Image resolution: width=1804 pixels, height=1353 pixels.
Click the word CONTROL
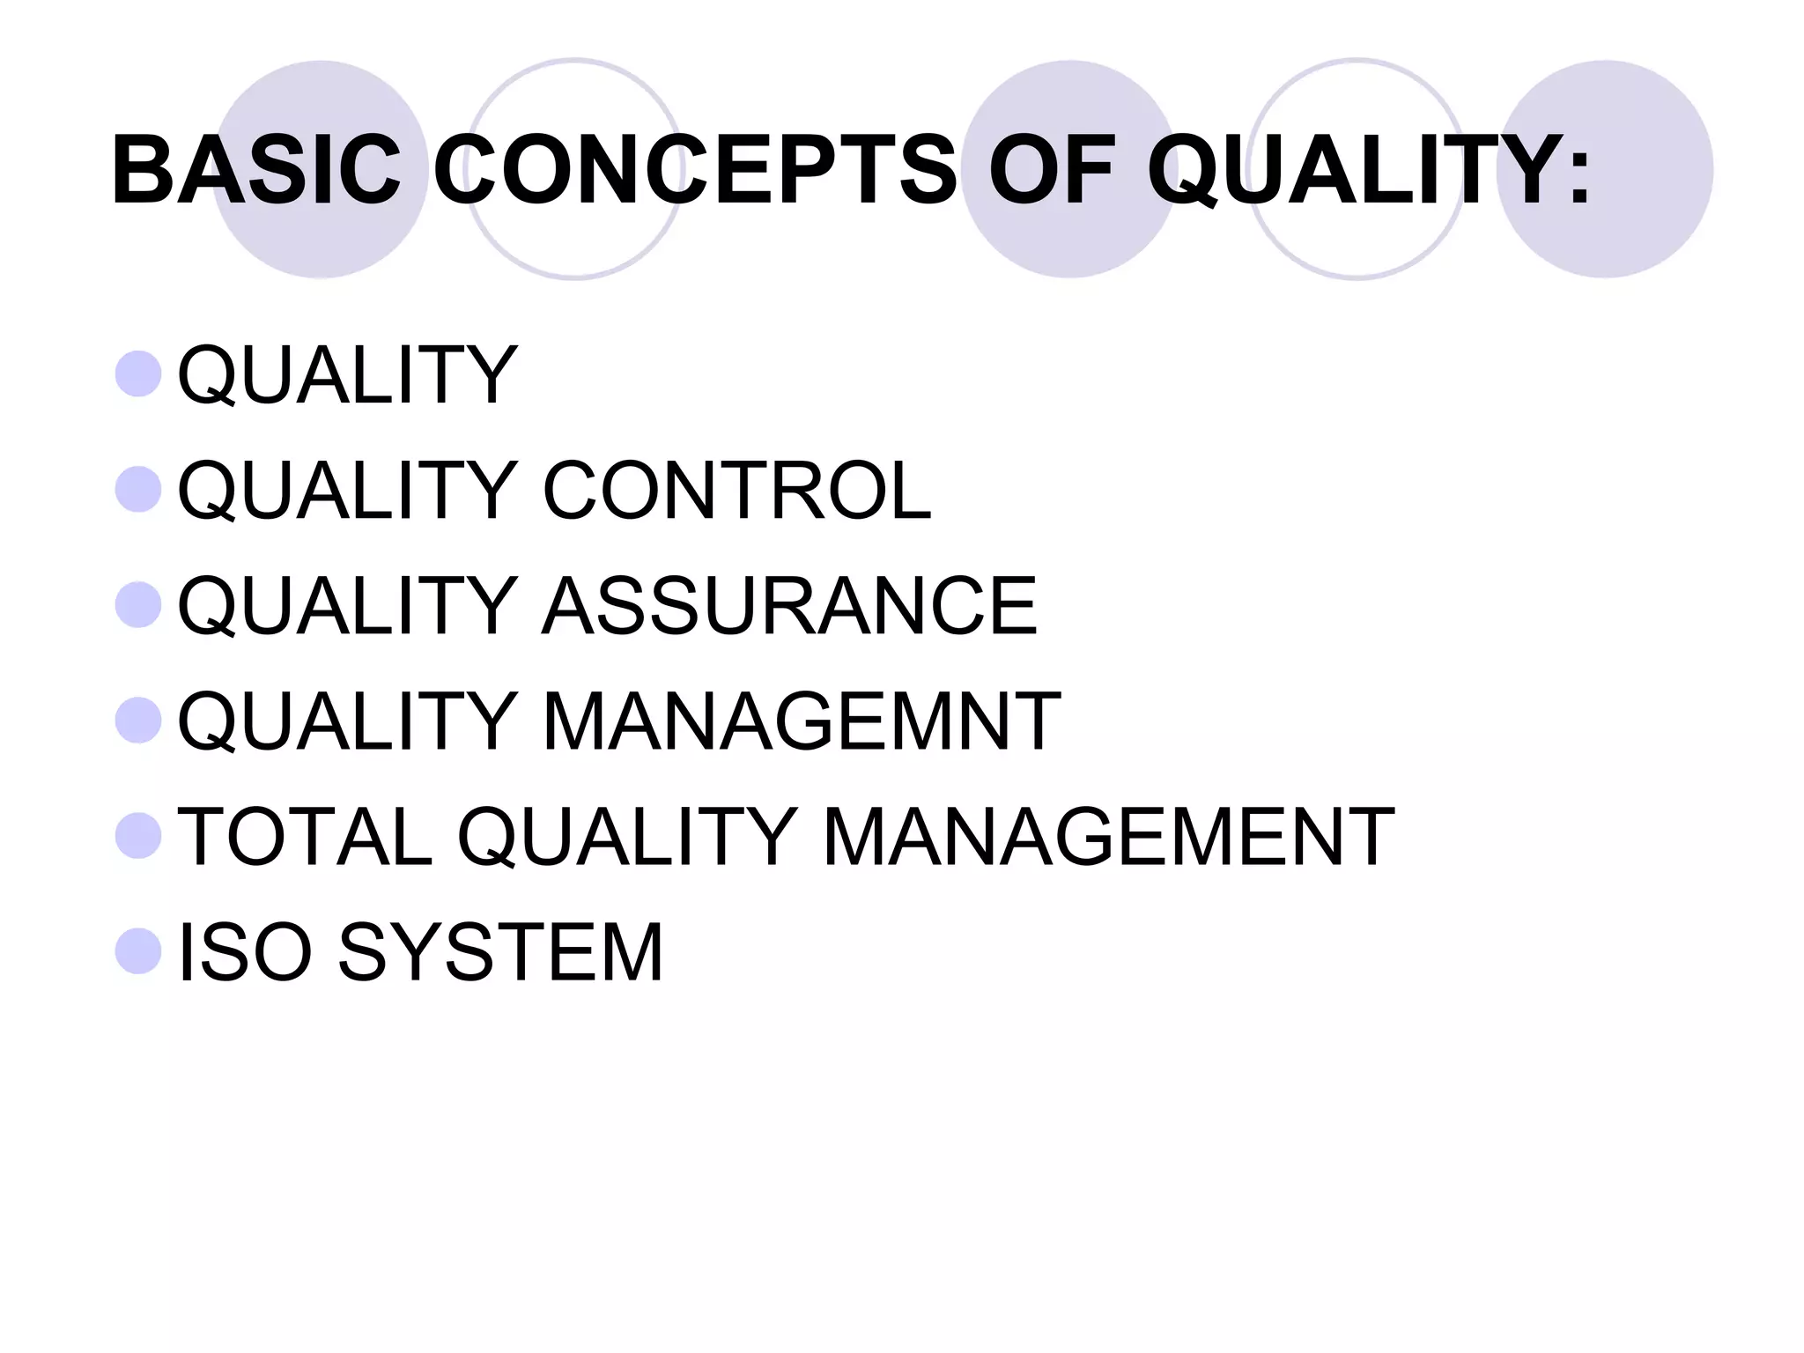click(x=736, y=490)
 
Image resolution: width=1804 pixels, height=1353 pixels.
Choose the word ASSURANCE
click(x=789, y=605)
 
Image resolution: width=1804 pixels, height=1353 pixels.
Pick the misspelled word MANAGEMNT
click(x=801, y=721)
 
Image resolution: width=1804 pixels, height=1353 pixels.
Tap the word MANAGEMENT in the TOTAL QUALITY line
click(x=1107, y=836)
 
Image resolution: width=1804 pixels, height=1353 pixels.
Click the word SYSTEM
click(x=500, y=951)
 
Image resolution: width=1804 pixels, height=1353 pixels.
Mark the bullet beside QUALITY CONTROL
click(x=138, y=490)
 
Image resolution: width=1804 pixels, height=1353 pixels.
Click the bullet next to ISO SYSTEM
click(x=138, y=951)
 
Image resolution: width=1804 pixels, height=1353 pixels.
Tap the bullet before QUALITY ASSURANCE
click(x=138, y=605)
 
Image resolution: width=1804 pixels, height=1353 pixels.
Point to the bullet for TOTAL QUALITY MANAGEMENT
click(x=138, y=836)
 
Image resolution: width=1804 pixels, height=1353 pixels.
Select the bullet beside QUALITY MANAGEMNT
click(x=138, y=721)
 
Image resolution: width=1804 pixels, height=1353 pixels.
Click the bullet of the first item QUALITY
click(x=138, y=374)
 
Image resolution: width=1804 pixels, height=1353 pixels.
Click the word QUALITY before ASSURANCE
click(x=347, y=605)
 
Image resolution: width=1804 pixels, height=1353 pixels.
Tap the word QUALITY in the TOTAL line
click(x=626, y=836)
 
